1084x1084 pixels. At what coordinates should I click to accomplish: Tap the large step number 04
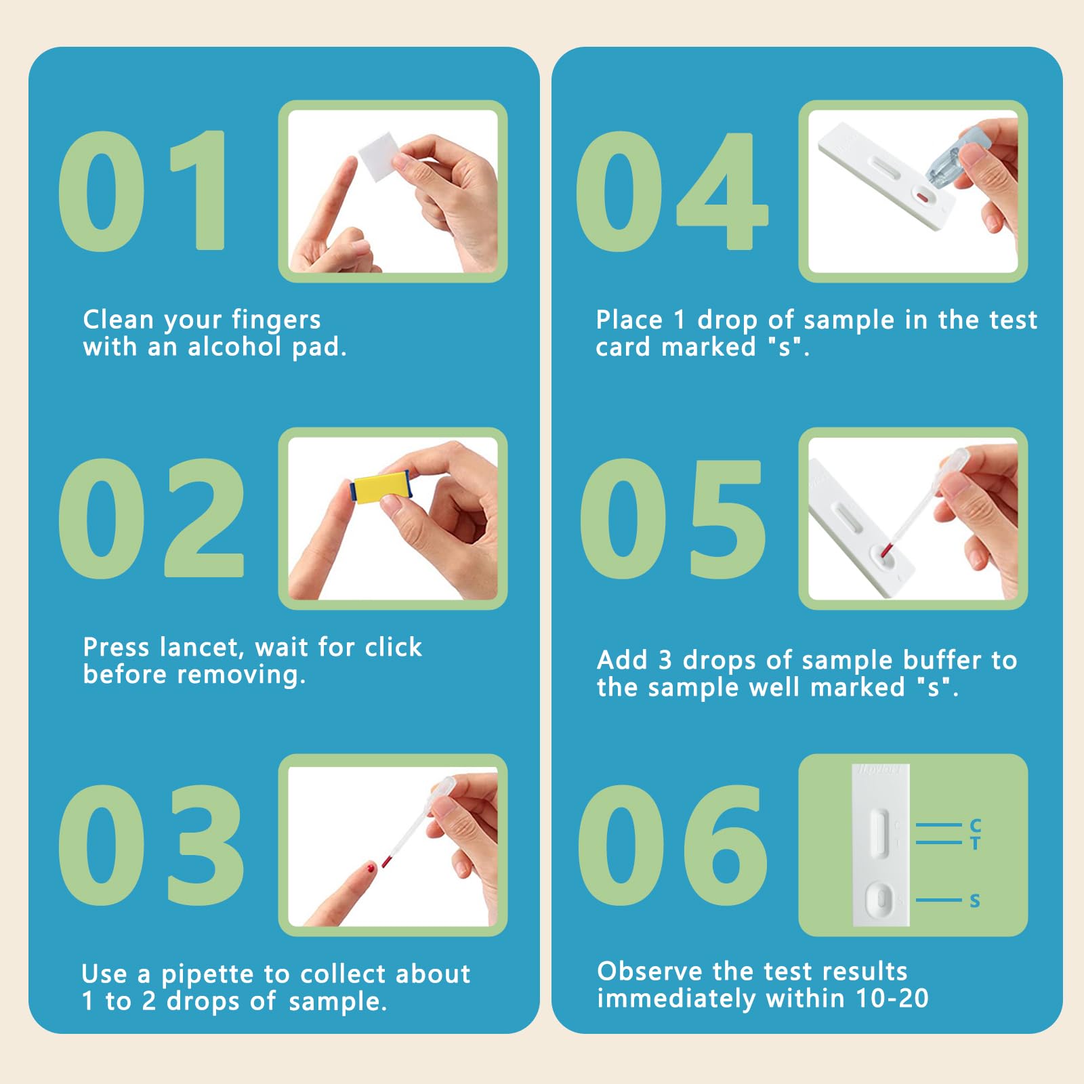pyautogui.click(x=671, y=191)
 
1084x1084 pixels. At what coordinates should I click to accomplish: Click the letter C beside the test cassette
pyautogui.click(x=975, y=825)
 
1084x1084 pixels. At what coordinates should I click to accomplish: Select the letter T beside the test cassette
pyautogui.click(x=975, y=843)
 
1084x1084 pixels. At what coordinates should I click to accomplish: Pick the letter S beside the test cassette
pyautogui.click(x=975, y=901)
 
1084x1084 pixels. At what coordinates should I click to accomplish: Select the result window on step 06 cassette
pyautogui.click(x=880, y=833)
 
